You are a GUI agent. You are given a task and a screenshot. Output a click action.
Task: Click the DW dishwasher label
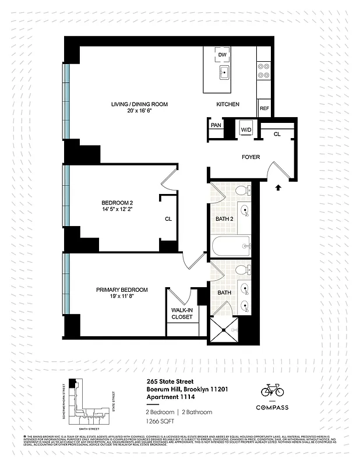point(221,55)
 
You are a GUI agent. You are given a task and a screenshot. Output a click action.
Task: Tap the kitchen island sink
point(224,73)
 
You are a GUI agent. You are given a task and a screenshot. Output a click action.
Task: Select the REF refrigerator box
point(264,108)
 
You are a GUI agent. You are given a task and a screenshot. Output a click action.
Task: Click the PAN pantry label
point(216,125)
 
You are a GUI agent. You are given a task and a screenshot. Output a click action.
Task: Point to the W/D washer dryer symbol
point(245,129)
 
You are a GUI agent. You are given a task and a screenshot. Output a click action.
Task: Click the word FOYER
point(251,157)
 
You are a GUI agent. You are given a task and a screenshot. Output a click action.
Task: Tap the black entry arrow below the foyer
point(278,188)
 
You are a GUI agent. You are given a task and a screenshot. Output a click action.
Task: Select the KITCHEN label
point(228,104)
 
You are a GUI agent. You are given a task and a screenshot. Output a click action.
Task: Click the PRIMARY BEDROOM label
point(122,290)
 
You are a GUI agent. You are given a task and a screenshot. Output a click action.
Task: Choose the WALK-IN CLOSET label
point(182,313)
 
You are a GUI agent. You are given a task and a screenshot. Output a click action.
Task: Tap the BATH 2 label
point(224,218)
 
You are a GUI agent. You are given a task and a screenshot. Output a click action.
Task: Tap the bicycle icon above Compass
point(272,390)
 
